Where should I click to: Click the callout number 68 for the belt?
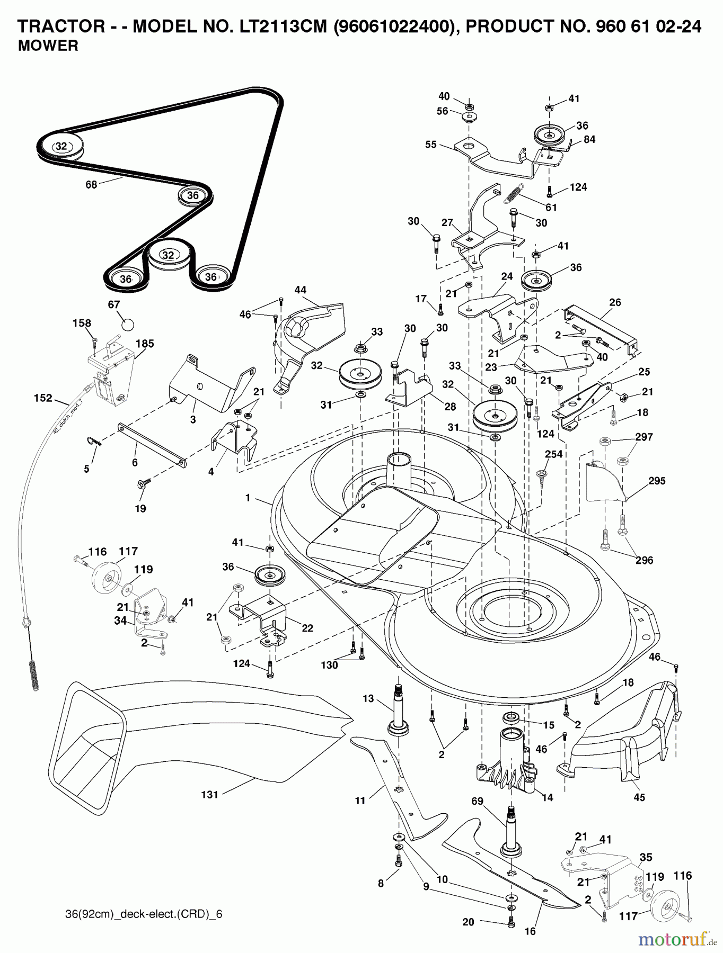[x=91, y=185]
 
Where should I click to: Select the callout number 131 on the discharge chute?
[x=209, y=794]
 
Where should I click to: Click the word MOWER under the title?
[x=48, y=46]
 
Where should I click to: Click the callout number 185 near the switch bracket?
[x=144, y=343]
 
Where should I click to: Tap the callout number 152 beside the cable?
[x=43, y=398]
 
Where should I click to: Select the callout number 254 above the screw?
[x=553, y=454]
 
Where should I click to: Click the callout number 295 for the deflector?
[x=656, y=481]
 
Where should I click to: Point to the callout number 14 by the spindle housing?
[x=547, y=797]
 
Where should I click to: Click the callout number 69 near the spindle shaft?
[x=477, y=801]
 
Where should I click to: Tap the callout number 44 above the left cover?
[x=301, y=290]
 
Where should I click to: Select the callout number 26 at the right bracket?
[x=615, y=302]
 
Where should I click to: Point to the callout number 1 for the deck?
[x=248, y=498]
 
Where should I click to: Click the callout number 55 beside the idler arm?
[x=430, y=144]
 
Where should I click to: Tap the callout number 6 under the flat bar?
[x=135, y=462]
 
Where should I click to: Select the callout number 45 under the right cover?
[x=639, y=797]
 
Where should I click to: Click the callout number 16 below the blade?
[x=530, y=931]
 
